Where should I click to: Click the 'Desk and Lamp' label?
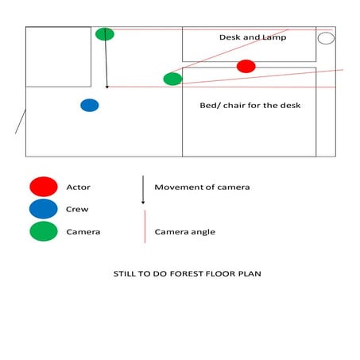click(253, 37)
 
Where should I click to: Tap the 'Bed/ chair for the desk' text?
click(250, 105)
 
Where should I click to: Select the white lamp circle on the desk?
click(326, 38)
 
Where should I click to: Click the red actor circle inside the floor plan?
click(246, 66)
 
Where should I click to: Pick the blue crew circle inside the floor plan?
click(90, 105)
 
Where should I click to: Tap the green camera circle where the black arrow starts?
click(105, 34)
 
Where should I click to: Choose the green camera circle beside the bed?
click(172, 79)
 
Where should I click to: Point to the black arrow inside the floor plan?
click(106, 62)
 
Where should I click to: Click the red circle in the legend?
click(43, 187)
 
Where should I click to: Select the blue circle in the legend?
click(43, 209)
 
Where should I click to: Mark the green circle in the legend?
click(43, 231)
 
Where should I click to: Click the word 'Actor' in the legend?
click(79, 188)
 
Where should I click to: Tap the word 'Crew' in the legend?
click(78, 210)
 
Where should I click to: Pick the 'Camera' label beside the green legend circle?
click(83, 232)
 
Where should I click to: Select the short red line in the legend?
click(143, 226)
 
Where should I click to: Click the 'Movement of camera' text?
click(202, 188)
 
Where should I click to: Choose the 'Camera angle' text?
click(184, 232)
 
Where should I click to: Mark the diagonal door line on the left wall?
click(21, 122)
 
